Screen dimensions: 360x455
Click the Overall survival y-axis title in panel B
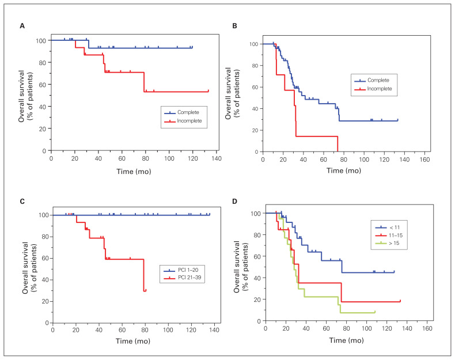233,95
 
